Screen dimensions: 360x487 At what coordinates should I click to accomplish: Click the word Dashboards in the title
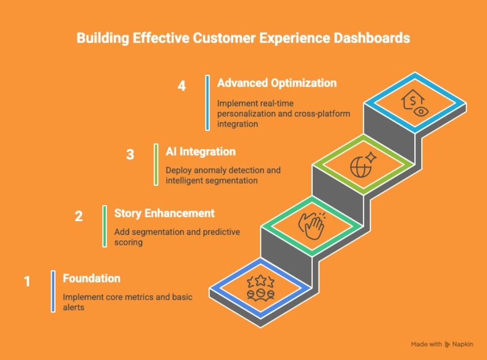[x=374, y=38]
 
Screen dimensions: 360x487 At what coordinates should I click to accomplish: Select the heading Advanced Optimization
[x=277, y=83]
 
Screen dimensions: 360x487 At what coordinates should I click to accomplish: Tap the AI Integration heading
[x=201, y=152]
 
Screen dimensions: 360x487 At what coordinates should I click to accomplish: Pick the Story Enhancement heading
[x=164, y=213]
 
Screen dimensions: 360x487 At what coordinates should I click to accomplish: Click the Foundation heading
[x=92, y=279]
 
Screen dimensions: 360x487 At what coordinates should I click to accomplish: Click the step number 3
[x=130, y=155]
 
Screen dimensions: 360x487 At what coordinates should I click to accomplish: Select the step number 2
[x=79, y=216]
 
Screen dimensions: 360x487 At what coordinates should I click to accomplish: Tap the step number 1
[x=27, y=281]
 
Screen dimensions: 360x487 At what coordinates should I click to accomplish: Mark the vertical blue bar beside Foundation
[x=53, y=291]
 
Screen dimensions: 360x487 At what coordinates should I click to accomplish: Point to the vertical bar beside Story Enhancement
[x=105, y=226]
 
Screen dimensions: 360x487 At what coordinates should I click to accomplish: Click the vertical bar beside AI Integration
[x=156, y=164]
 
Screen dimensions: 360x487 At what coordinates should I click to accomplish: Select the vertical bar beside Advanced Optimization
[x=207, y=103]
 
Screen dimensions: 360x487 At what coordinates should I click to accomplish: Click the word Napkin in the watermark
[x=465, y=344]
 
